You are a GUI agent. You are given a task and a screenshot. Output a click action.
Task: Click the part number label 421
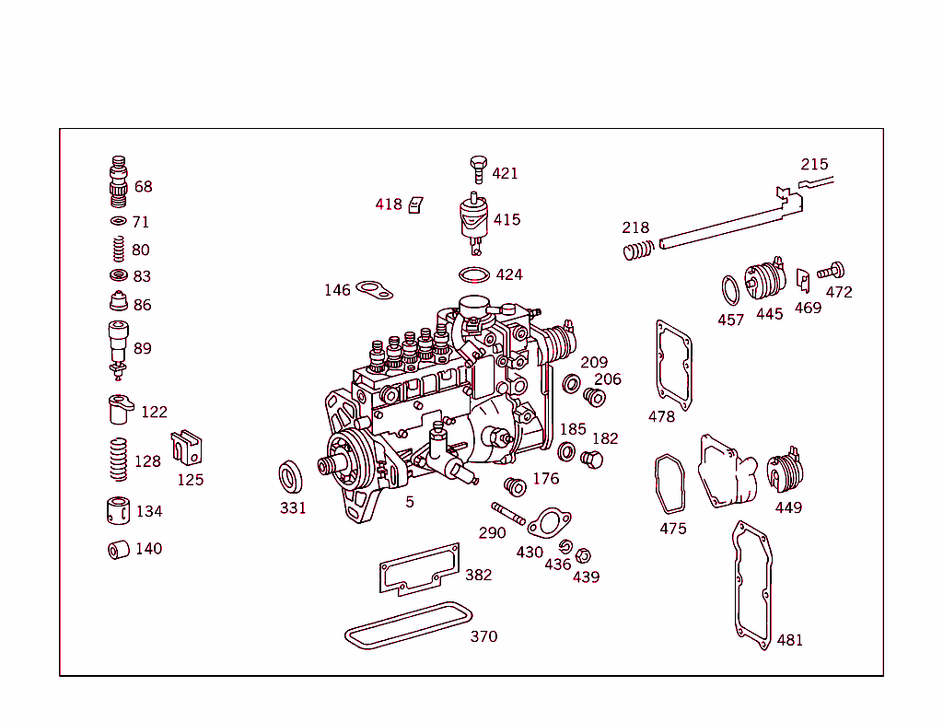pos(505,173)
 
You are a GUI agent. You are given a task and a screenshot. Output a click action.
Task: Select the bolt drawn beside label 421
pos(477,169)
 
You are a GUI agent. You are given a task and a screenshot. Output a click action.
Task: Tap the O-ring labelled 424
pos(474,274)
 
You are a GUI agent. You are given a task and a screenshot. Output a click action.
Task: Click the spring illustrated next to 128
pos(117,459)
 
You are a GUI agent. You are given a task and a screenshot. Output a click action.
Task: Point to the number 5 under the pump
pos(410,502)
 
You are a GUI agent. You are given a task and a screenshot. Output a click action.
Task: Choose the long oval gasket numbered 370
pos(406,625)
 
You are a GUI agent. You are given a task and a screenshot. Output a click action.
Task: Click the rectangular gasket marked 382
pos(419,569)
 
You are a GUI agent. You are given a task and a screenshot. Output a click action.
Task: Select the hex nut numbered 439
pos(582,556)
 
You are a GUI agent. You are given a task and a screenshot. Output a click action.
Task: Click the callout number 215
pos(814,165)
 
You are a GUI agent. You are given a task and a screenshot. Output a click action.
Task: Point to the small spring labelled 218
pos(637,249)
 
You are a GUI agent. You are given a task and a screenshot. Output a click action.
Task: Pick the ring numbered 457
pos(729,288)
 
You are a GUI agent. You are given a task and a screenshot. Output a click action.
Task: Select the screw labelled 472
pos(831,271)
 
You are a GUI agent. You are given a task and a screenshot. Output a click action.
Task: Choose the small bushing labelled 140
pos(117,550)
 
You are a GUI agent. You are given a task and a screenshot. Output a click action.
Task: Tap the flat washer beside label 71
pos(117,222)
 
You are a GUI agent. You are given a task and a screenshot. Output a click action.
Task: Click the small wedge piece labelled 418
pos(415,204)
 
